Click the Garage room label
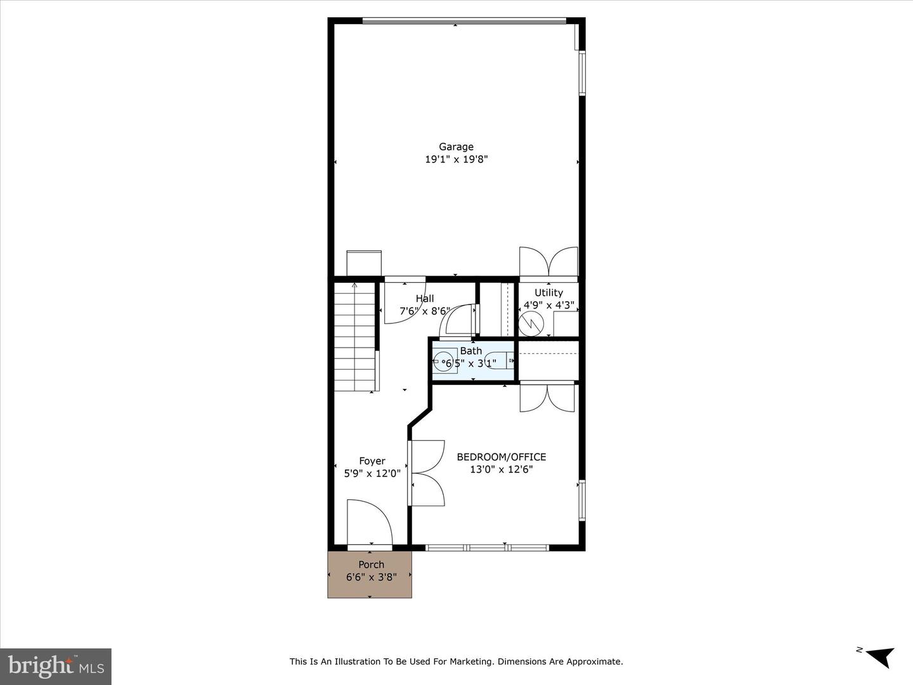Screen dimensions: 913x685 (456, 147)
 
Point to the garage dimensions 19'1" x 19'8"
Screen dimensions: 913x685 (456, 159)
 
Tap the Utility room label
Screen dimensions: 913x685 (548, 293)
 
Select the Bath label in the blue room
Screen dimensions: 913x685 (471, 351)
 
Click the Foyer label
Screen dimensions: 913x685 (372, 461)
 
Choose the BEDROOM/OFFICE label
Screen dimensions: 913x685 (502, 457)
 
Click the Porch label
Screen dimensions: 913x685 (372, 564)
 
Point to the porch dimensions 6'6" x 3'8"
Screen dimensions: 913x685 (372, 577)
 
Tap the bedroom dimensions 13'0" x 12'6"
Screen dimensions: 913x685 (502, 469)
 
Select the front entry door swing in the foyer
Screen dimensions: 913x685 (370, 523)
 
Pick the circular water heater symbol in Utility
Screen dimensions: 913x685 (531, 323)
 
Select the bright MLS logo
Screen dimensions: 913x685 (56, 666)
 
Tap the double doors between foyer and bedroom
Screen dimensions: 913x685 (427, 473)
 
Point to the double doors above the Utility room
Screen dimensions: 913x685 (548, 261)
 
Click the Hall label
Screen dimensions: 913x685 (425, 299)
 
